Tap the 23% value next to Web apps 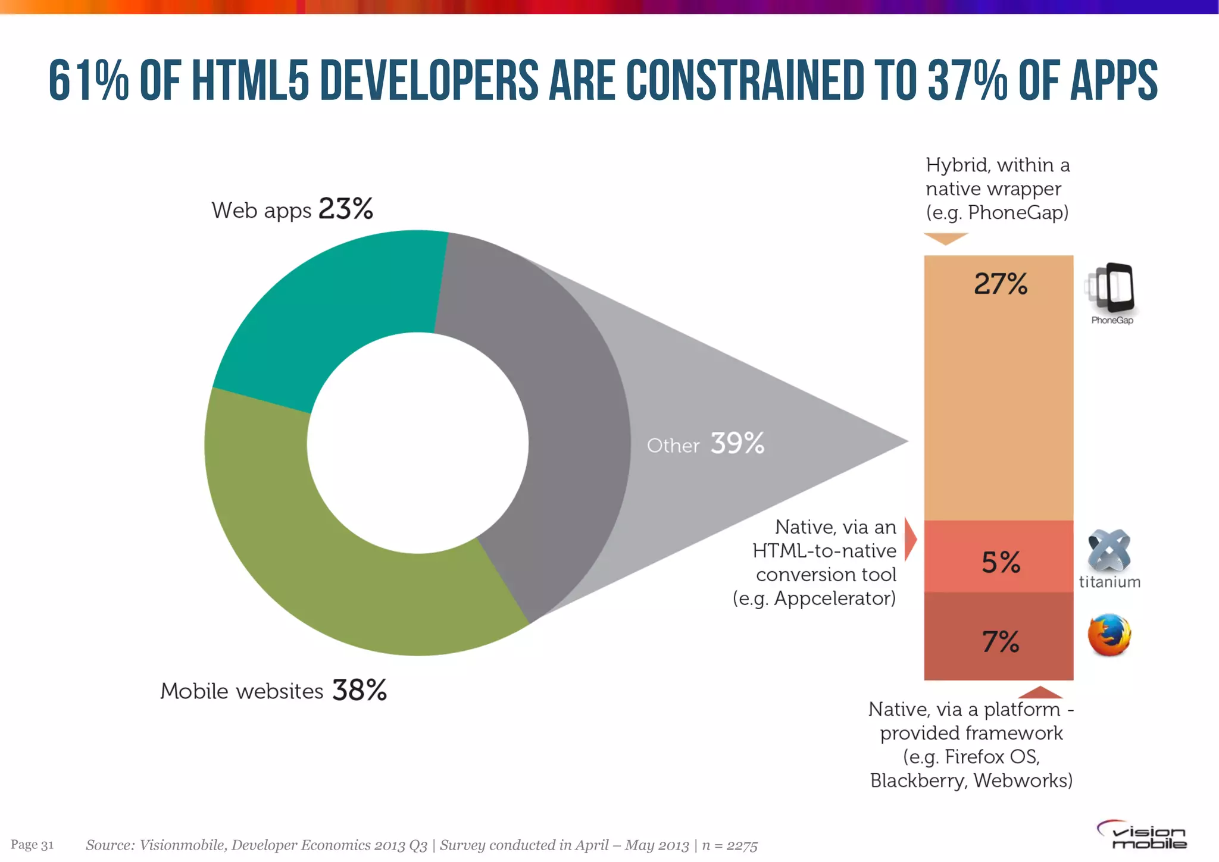click(346, 209)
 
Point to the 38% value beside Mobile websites click(360, 690)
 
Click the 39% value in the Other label click(737, 443)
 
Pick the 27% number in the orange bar click(1001, 284)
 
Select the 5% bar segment click(998, 556)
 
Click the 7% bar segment click(998, 637)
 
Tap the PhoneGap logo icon click(1111, 289)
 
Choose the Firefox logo click(1109, 635)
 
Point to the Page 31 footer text click(32, 845)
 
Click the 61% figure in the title click(88, 80)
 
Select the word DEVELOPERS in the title click(429, 80)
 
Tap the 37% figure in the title click(967, 80)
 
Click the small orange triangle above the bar click(946, 238)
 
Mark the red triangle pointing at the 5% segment click(910, 540)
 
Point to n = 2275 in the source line click(730, 845)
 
